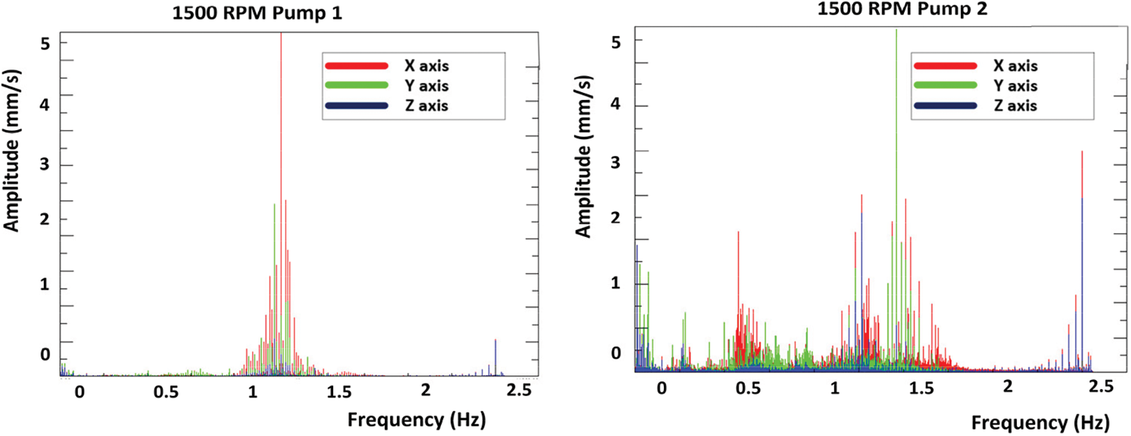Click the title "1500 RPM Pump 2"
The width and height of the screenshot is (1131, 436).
[902, 9]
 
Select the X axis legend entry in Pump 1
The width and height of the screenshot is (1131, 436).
[387, 66]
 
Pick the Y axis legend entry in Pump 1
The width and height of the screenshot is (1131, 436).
[387, 86]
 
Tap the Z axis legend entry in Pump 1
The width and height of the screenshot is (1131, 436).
[387, 106]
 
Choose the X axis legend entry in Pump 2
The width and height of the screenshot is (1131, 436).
[975, 66]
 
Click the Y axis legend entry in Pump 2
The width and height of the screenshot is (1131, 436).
[975, 86]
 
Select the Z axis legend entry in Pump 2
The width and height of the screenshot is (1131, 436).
[975, 106]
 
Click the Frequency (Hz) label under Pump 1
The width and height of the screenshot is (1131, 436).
[416, 420]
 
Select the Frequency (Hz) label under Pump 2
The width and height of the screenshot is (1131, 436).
[1040, 423]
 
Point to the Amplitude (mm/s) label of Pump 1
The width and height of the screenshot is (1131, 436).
[12, 150]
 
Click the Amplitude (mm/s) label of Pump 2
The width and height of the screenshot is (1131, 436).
[584, 156]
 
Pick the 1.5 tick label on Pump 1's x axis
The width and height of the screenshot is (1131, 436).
[338, 392]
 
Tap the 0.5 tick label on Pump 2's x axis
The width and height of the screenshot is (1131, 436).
[748, 388]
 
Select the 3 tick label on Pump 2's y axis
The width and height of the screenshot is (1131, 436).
[615, 162]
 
